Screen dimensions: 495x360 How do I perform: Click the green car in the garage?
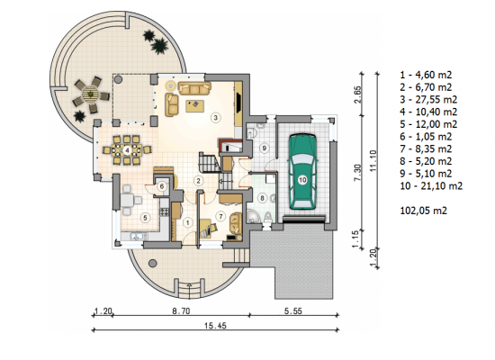(302, 172)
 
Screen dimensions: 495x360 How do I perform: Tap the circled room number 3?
(216, 118)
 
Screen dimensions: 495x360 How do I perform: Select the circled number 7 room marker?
(220, 216)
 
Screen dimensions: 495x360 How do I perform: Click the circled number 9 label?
(265, 148)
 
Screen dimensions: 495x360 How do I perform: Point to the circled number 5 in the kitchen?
(145, 218)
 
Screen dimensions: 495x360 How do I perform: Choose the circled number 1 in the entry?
(187, 222)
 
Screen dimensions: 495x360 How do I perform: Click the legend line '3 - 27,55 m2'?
(428, 100)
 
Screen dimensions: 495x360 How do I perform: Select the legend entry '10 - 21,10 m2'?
(431, 186)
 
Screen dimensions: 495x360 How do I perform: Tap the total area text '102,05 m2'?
(423, 211)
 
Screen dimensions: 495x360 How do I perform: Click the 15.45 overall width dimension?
(215, 326)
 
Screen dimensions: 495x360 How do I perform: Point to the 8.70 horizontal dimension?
(181, 311)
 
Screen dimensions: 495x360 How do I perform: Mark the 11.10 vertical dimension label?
(373, 161)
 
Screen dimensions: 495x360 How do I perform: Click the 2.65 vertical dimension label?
(358, 94)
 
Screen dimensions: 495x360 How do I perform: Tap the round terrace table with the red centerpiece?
(91, 94)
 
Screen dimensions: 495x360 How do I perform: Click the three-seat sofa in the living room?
(194, 88)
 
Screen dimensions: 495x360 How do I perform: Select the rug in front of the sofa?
(195, 106)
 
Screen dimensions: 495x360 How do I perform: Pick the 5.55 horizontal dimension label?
(293, 311)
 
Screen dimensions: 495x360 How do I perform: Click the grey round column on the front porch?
(152, 263)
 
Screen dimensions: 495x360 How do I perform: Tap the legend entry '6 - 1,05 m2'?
(426, 137)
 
